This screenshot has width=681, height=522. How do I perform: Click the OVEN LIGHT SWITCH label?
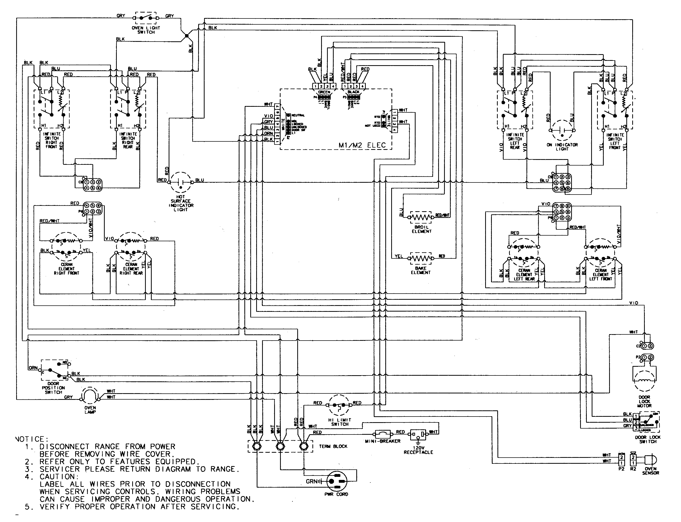146,30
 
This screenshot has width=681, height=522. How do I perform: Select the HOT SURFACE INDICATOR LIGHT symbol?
181,182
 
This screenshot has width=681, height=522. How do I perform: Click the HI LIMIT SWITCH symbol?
339,405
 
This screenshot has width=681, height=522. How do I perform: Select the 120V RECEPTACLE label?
418,450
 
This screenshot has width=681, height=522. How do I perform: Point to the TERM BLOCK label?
333,446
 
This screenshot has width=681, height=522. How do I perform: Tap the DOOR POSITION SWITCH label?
53,388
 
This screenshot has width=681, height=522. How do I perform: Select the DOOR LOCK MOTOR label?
644,401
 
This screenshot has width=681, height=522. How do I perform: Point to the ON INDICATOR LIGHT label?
562,147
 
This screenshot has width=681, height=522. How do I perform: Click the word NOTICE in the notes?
31,439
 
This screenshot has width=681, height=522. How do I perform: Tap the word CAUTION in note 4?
57,476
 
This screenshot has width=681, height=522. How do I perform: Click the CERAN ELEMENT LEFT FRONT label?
600,275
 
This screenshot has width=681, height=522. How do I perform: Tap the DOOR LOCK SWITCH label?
648,439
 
